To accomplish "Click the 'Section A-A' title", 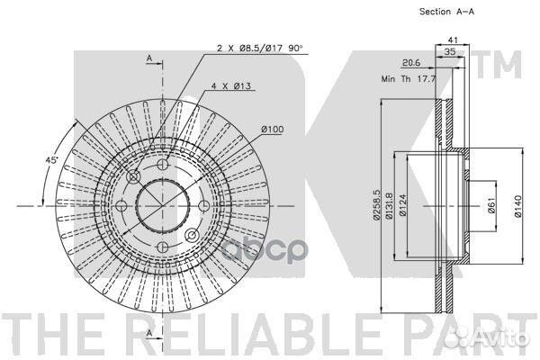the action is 446,12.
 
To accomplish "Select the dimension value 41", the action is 453,40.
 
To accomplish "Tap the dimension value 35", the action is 450,51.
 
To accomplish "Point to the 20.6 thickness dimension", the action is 411,62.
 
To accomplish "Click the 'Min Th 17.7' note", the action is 409,78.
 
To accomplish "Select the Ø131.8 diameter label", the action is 389,205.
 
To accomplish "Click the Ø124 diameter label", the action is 403,205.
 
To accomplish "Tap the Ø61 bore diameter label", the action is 491,205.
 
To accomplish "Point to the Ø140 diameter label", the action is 518,206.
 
